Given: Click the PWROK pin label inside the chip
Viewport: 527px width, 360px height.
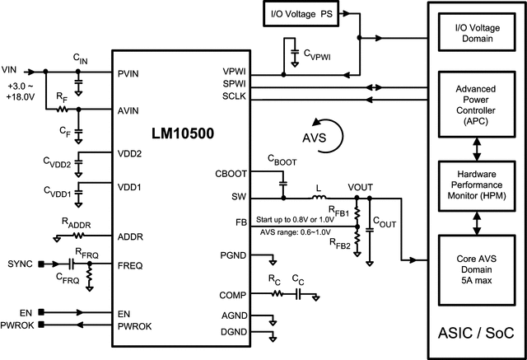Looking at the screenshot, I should coord(135,328).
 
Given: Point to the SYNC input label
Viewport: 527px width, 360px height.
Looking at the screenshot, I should coord(20,264).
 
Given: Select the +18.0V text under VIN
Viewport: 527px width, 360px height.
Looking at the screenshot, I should coord(20,96).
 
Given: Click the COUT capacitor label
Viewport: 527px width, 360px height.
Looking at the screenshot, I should coord(385,222).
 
